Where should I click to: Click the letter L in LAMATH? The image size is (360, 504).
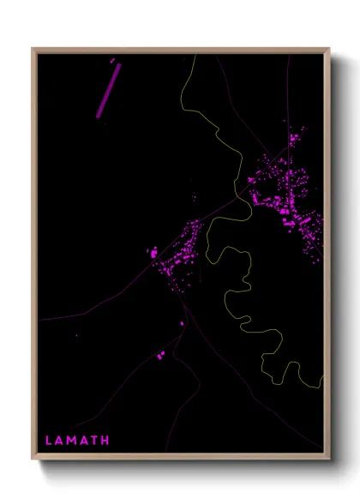[x=49, y=441]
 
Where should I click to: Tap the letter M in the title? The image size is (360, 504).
[x=73, y=441]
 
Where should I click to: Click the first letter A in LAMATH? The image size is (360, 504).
[x=60, y=441]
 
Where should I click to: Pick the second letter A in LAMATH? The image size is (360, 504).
[x=85, y=441]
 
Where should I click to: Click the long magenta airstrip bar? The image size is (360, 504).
[x=107, y=90]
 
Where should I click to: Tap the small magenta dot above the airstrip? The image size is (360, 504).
[x=112, y=59]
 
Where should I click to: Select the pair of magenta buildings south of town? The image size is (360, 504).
[x=160, y=353]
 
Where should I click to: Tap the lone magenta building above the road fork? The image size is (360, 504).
[x=182, y=323]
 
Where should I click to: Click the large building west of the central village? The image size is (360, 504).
[x=153, y=254]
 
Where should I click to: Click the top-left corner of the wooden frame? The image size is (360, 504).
[x=33, y=49]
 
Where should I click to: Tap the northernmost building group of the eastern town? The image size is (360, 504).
[x=296, y=136]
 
